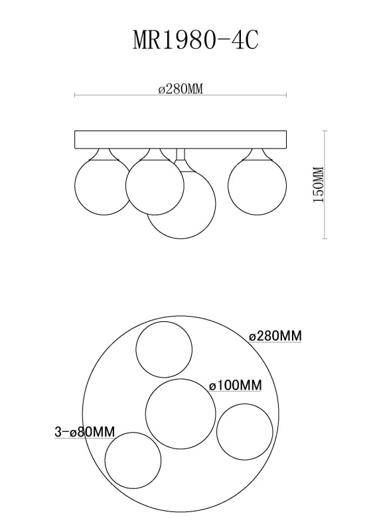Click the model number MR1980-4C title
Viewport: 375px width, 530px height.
click(x=196, y=40)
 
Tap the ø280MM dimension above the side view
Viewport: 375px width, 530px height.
click(x=181, y=89)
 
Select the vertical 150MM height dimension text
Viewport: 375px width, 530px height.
click(x=319, y=185)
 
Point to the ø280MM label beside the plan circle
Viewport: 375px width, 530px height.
click(x=275, y=336)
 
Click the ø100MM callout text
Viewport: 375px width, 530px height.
click(x=236, y=386)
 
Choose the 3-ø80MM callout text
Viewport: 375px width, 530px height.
click(x=85, y=432)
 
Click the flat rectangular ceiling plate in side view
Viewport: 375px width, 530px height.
click(x=181, y=140)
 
